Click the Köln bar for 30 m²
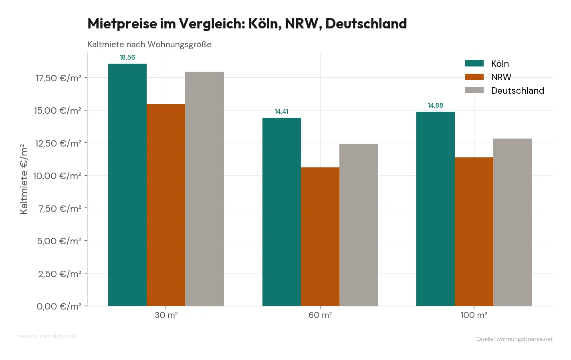point(127,185)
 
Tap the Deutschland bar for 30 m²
point(204,189)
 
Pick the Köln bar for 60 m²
point(282,212)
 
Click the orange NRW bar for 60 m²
point(320,237)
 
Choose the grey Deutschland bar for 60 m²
point(359,225)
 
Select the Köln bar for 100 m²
point(436,209)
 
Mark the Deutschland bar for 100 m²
point(512,222)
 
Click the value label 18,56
point(127,58)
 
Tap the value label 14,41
point(282,112)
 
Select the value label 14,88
point(436,106)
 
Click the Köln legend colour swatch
point(474,64)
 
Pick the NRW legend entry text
point(501,77)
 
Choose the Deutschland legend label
point(518,91)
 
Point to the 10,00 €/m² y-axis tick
point(57,176)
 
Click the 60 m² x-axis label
point(320,315)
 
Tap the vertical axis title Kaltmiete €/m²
point(24,179)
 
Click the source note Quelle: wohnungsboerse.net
point(515,339)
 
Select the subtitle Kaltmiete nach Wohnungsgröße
point(149,44)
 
